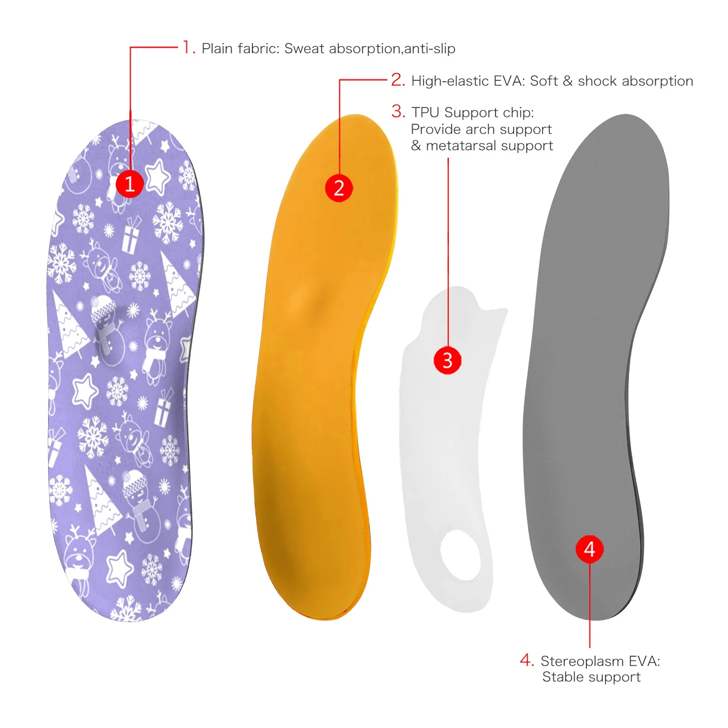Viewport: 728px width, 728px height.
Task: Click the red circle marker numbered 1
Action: point(130,184)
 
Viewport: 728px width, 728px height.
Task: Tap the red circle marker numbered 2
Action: point(339,188)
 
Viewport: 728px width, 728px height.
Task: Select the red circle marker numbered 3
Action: point(447,360)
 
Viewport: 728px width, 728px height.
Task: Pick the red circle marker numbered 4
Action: point(590,549)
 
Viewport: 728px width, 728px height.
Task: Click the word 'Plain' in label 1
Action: point(218,49)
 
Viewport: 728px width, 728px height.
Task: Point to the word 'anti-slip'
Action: point(430,49)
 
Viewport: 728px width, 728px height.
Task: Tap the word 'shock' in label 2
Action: point(597,81)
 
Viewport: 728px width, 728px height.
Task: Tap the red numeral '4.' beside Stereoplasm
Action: point(527,660)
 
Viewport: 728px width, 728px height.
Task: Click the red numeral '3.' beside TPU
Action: point(398,111)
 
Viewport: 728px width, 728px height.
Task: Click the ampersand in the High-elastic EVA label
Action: point(568,81)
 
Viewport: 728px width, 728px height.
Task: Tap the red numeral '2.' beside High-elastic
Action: point(398,80)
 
